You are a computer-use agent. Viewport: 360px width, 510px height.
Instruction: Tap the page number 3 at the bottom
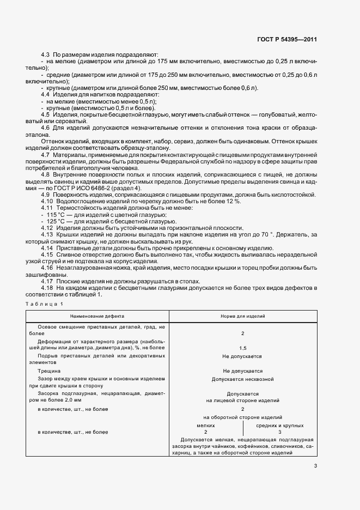(315, 465)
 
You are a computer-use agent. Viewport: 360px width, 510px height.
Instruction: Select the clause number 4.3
(45, 55)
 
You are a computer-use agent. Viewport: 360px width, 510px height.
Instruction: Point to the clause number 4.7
(45, 155)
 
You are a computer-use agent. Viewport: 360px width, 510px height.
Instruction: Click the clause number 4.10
(47, 202)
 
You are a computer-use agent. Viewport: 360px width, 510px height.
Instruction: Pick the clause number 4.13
(47, 234)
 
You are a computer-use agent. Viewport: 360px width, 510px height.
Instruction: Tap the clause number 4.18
(47, 287)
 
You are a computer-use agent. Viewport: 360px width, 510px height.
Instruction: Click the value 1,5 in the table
(242, 348)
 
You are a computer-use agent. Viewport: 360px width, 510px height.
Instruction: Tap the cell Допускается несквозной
(242, 379)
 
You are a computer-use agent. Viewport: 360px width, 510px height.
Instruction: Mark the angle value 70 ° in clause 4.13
(249, 234)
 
